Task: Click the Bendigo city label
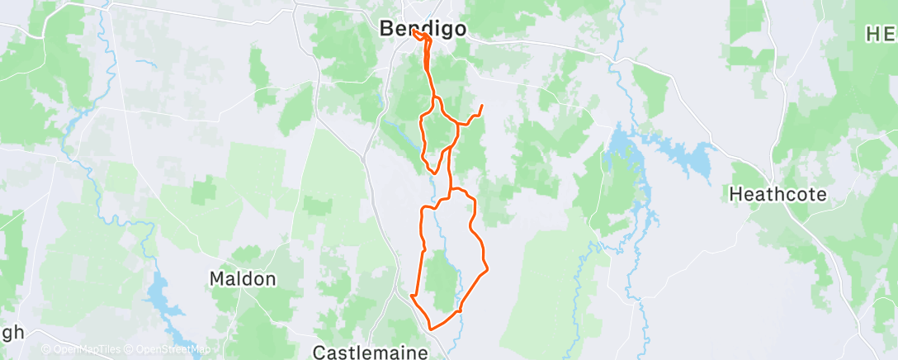(423, 28)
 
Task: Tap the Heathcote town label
(778, 195)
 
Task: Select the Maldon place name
(242, 279)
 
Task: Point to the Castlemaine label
(371, 353)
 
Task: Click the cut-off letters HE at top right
(881, 34)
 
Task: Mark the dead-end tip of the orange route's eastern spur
(481, 106)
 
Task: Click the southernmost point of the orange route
(430, 330)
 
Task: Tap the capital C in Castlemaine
(319, 353)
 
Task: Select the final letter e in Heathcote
(821, 195)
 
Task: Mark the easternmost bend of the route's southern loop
(487, 267)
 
